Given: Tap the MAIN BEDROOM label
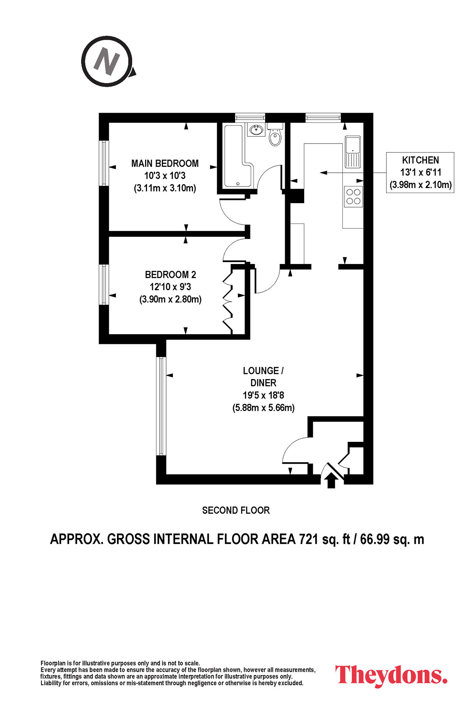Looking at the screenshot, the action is [165, 163].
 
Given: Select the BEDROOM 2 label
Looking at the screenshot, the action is [170, 275].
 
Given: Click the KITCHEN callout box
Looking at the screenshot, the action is [420, 172].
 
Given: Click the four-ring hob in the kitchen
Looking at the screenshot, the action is [353, 196].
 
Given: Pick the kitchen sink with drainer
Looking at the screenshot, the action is [353, 152].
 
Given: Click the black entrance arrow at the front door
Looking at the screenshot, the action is [331, 480].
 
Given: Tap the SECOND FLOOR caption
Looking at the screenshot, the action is [236, 510].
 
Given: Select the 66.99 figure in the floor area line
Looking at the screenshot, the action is [375, 539].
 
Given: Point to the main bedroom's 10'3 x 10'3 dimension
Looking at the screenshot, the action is [165, 175].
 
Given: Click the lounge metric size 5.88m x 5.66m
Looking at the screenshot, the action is [263, 408].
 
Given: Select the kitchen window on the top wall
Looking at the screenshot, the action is [323, 117].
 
